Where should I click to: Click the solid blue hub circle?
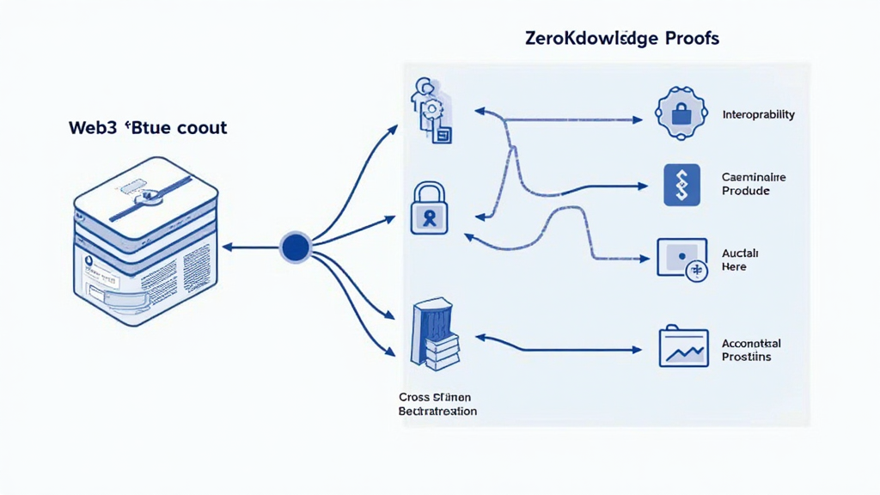[294, 247]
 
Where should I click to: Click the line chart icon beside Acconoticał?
[682, 347]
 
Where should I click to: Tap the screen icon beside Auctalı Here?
[681, 257]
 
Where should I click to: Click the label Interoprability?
[758, 114]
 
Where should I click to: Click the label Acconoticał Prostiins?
[751, 350]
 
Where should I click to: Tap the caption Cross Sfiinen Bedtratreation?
[437, 404]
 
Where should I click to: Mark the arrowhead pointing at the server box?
[227, 247]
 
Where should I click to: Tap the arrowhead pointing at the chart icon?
[637, 350]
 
